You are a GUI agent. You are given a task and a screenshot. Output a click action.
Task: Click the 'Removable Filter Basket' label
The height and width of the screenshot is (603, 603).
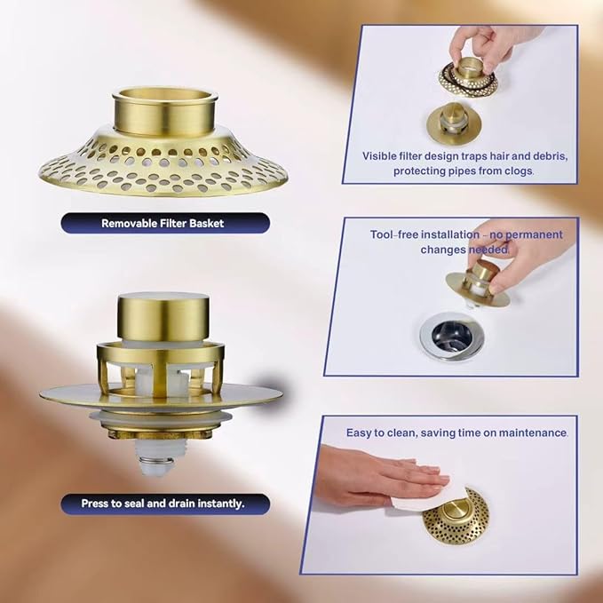click(x=163, y=224)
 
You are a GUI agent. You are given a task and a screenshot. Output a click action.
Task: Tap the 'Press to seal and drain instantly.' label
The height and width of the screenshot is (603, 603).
click(x=163, y=504)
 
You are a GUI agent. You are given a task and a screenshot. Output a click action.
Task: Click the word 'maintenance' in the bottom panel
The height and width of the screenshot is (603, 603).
click(x=533, y=432)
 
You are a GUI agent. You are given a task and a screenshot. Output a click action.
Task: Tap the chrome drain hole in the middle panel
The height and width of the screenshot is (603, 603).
click(x=451, y=337)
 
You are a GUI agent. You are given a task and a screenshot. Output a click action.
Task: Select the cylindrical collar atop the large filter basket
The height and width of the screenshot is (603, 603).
click(x=165, y=111)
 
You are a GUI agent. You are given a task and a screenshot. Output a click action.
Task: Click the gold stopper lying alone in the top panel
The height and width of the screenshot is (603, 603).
click(x=454, y=119)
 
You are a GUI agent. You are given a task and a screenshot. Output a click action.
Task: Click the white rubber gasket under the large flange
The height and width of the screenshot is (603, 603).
click(x=161, y=417)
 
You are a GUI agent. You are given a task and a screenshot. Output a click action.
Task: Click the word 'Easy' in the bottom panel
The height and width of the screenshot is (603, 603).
click(x=359, y=433)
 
